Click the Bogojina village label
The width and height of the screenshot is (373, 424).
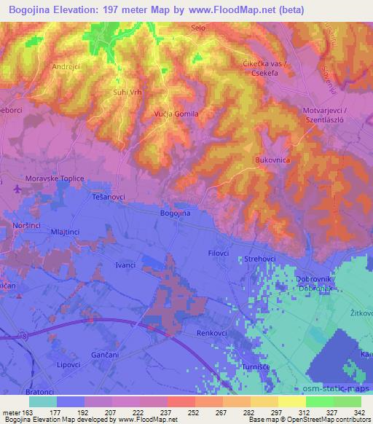point(174,213)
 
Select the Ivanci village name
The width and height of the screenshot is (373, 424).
point(125,264)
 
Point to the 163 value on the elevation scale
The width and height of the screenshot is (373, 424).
point(23,412)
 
